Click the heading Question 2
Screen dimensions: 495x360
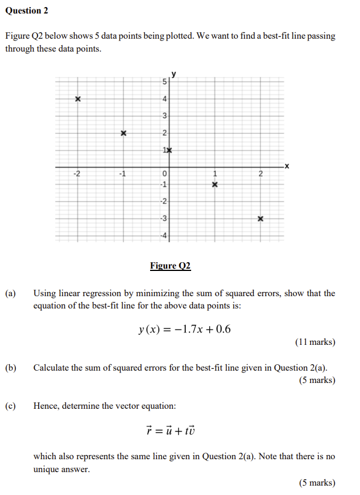pos(27,11)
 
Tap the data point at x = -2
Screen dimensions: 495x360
pos(77,99)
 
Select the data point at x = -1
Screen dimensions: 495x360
pos(123,133)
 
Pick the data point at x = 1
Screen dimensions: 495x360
pos(215,185)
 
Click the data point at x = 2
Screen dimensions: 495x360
pos(260,219)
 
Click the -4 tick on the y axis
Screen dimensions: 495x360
pos(164,236)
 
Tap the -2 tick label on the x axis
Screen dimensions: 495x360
pos(76,174)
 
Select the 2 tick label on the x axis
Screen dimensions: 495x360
pos(261,174)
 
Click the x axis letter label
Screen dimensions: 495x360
pos(286,167)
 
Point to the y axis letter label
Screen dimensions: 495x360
pos(174,74)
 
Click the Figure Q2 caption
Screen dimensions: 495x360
pos(170,266)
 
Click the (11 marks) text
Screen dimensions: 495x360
pos(315,342)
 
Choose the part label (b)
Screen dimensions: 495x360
pos(11,368)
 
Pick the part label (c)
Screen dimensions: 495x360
pos(11,405)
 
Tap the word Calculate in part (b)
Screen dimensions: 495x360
pos(53,368)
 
